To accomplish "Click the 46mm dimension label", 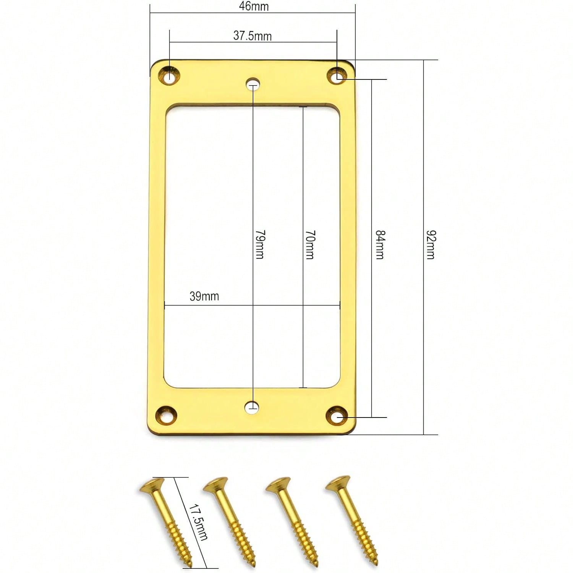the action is pyautogui.click(x=254, y=6).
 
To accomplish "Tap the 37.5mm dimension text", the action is pyautogui.click(x=253, y=36).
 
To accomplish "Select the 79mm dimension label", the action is pyautogui.click(x=260, y=244).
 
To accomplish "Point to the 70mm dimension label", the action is pyautogui.click(x=310, y=245).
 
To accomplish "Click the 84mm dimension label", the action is pyautogui.click(x=380, y=245).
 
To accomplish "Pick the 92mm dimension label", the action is pyautogui.click(x=431, y=245).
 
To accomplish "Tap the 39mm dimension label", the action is pyautogui.click(x=204, y=296).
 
